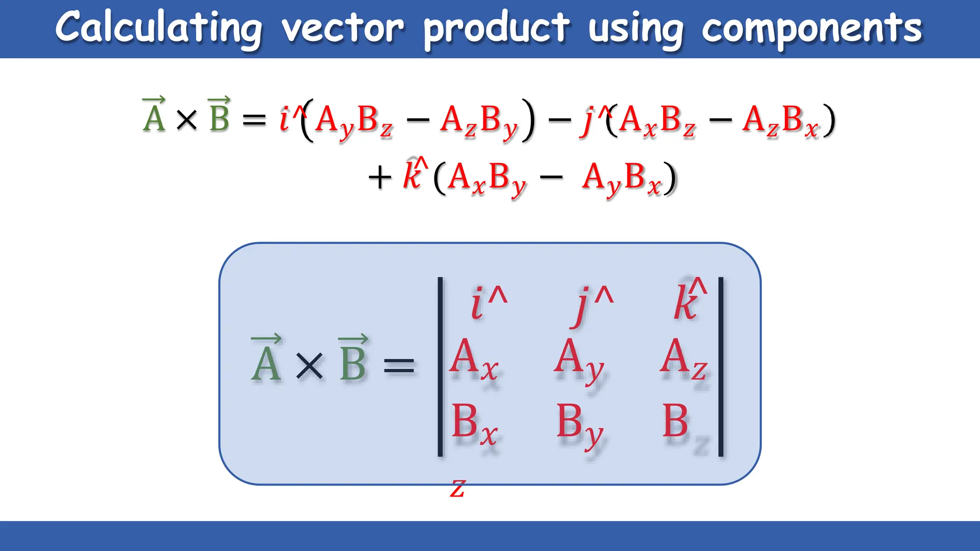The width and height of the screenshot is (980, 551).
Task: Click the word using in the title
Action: tap(636, 29)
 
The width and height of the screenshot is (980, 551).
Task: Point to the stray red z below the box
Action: tap(457, 489)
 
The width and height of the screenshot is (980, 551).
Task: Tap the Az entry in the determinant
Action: tap(683, 359)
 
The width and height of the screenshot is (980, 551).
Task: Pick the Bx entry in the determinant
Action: tap(474, 423)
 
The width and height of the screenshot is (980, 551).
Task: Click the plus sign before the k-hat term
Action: tap(380, 178)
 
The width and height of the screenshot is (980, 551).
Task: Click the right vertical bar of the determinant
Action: tap(721, 366)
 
